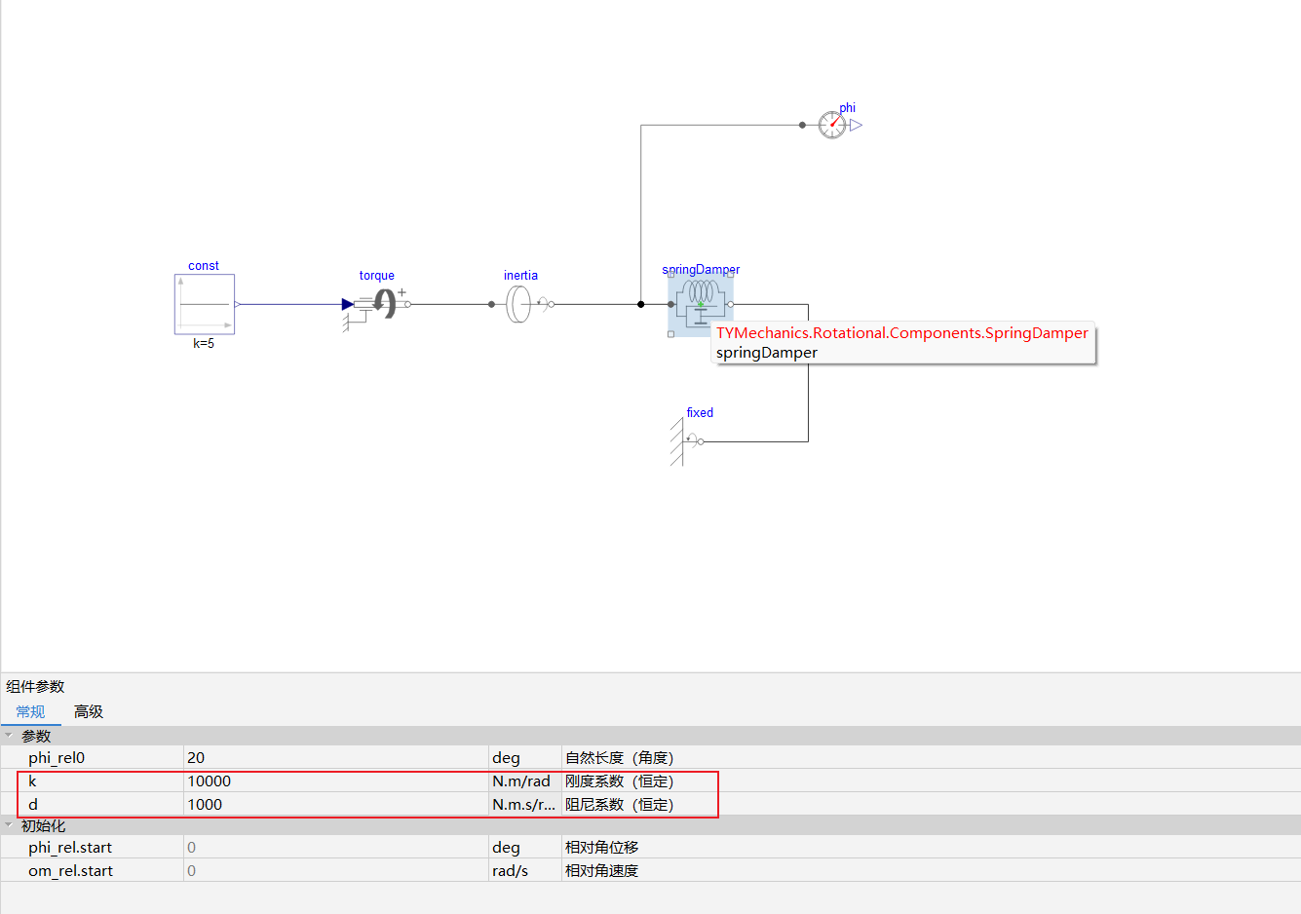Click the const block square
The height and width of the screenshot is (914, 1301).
(205, 304)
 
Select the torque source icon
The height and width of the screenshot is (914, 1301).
(377, 307)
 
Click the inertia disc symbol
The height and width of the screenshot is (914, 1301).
(518, 304)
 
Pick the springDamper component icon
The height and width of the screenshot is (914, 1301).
(701, 304)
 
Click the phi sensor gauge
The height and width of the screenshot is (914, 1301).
(831, 125)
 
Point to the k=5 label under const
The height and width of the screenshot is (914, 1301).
(204, 343)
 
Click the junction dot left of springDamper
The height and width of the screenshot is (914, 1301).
(640, 304)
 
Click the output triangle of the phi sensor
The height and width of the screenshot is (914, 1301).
(856, 125)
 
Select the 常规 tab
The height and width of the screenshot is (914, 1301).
(30, 711)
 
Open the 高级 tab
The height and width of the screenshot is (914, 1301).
(89, 711)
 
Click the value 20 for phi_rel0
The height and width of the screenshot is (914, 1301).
(196, 758)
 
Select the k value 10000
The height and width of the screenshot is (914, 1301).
(210, 781)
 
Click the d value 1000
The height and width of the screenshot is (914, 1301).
(205, 804)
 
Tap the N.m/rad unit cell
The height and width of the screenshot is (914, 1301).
(521, 781)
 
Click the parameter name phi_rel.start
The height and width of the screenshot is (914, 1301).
(70, 848)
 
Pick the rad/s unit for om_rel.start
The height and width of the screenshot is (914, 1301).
(510, 871)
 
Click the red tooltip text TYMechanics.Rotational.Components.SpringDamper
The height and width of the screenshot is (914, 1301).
(902, 332)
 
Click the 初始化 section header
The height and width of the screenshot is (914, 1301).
(43, 825)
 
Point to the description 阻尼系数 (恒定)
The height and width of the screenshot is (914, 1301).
(619, 804)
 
